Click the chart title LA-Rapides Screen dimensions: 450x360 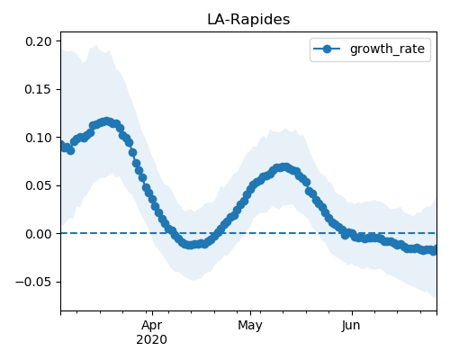(x=248, y=20)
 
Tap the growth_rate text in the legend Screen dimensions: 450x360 (x=387, y=49)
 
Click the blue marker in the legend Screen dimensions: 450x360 (x=327, y=49)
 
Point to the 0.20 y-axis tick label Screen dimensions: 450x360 (x=39, y=41)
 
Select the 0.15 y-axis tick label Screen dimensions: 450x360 (x=39, y=89)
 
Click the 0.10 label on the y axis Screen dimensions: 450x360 (x=39, y=138)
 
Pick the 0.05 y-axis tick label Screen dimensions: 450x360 (x=39, y=185)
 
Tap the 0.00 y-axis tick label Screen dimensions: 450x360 (x=39, y=234)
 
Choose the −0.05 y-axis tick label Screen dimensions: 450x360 (x=33, y=282)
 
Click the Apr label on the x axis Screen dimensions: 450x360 (x=152, y=326)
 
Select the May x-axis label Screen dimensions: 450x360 (x=250, y=326)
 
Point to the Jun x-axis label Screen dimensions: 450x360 (x=351, y=326)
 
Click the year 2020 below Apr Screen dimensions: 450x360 (x=152, y=340)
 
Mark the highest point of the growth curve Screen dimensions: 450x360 (x=106, y=121)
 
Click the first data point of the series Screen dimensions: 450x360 (x=61, y=146)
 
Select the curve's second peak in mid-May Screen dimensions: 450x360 (x=284, y=166)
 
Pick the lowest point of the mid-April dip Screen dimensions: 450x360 (x=189, y=245)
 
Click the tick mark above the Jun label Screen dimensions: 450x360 (x=352, y=313)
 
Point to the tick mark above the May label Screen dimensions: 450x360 (x=250, y=313)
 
